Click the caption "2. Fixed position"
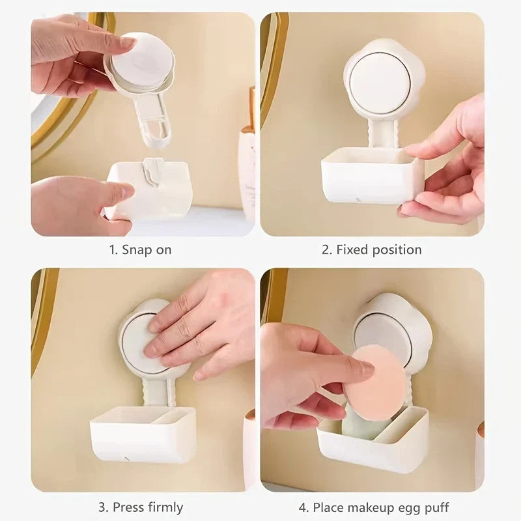click(371, 249)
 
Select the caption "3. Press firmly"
click(141, 507)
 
